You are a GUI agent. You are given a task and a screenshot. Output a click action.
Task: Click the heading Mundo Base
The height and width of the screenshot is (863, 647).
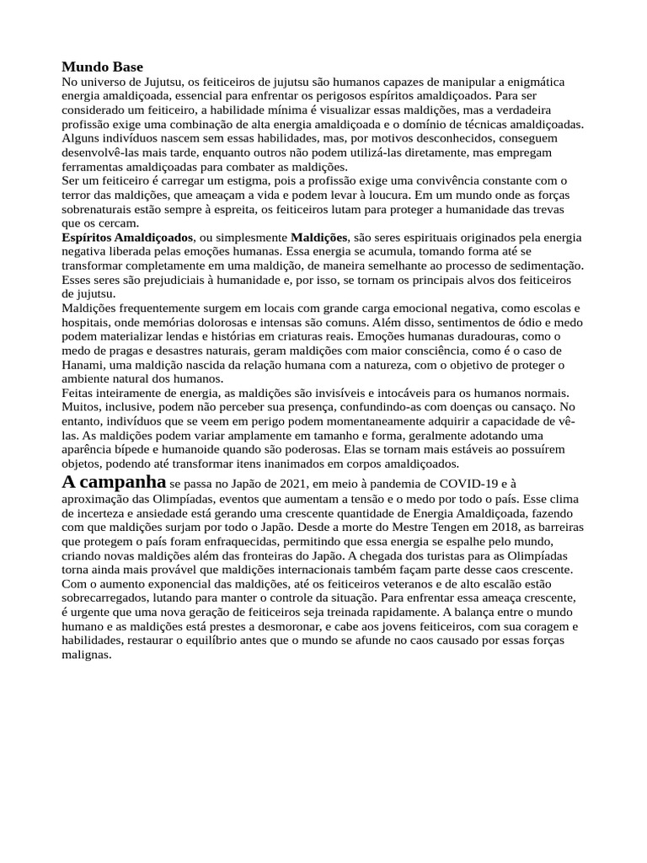pyautogui.click(x=103, y=67)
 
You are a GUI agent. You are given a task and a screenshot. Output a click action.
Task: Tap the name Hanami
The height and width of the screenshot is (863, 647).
pyautogui.click(x=83, y=365)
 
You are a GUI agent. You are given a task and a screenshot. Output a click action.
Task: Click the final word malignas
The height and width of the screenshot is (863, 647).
pyautogui.click(x=86, y=655)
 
